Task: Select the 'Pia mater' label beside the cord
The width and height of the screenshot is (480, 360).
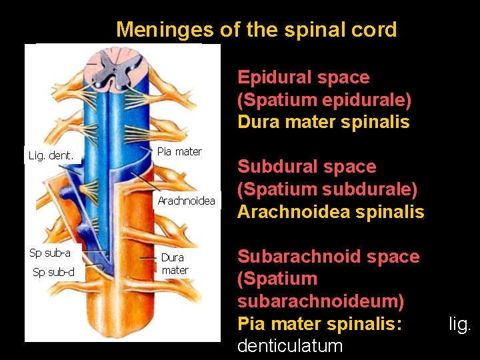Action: click(179, 151)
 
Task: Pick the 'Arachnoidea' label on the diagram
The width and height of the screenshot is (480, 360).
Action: click(186, 201)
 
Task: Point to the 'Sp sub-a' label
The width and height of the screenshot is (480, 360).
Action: click(50, 253)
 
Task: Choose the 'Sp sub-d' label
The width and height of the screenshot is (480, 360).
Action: click(54, 271)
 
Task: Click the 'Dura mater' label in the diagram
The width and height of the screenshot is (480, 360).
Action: click(175, 263)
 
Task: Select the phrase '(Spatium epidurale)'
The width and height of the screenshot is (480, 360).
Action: click(324, 100)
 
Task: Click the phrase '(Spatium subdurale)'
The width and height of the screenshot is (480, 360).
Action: click(327, 189)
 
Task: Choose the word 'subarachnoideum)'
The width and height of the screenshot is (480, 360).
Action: click(321, 301)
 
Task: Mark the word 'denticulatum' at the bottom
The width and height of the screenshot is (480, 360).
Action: click(290, 346)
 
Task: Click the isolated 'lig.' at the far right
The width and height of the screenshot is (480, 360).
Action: click(459, 324)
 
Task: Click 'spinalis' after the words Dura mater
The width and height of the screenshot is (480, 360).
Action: click(378, 123)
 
